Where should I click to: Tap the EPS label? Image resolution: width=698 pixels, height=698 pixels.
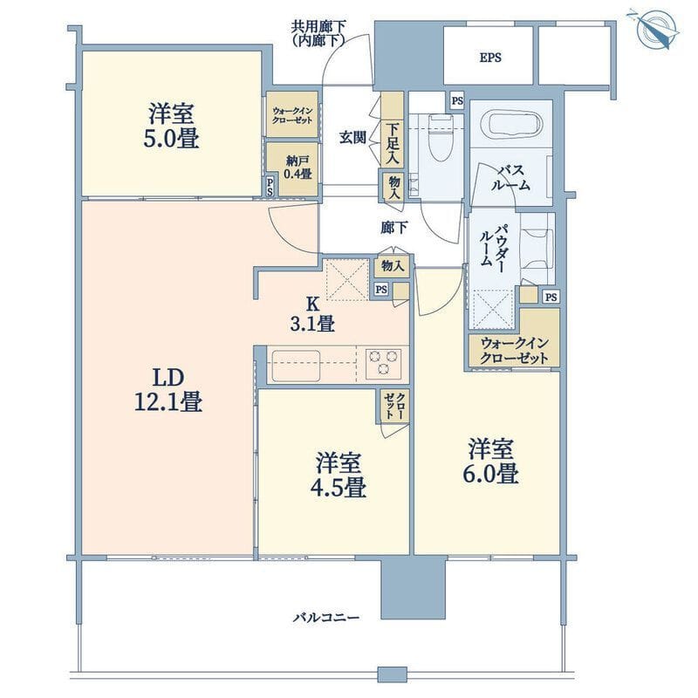pos(490,58)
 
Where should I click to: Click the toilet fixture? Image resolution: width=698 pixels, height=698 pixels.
pos(441,138)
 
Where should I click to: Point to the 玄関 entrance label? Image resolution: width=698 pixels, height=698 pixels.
pos(352,138)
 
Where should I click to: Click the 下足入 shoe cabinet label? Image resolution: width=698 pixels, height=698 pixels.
pos(393,143)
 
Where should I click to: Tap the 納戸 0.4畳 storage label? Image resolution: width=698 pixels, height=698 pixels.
pos(298,168)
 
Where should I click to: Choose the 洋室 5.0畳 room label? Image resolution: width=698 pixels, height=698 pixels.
pos(171,126)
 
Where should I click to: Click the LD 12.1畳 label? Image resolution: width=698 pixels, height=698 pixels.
pos(168,390)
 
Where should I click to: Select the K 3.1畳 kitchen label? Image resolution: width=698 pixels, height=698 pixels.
pos(312,314)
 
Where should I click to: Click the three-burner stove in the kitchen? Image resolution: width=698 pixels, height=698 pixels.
pos(383,364)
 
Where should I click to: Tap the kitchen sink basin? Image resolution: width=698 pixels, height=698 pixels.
pos(296,366)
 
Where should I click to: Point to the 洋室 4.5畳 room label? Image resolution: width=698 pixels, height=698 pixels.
pos(339,475)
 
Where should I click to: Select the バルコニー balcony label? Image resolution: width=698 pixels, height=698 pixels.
pos(325,618)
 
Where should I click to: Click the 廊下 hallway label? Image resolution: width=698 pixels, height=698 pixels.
pos(394,228)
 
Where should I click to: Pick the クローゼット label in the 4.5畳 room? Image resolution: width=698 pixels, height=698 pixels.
pos(395,406)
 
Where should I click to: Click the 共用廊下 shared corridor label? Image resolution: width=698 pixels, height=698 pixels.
pos(318,33)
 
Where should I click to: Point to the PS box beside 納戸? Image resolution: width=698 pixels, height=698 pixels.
pos(270,187)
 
